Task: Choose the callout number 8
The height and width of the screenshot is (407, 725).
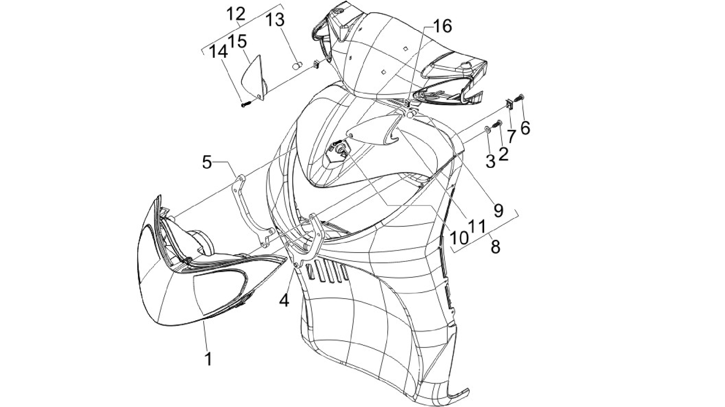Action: point(495,247)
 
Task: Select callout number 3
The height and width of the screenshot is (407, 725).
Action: point(491,162)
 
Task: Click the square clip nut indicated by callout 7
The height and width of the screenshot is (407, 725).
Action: point(509,104)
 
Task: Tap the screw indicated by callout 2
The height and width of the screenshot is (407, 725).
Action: point(498,124)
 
